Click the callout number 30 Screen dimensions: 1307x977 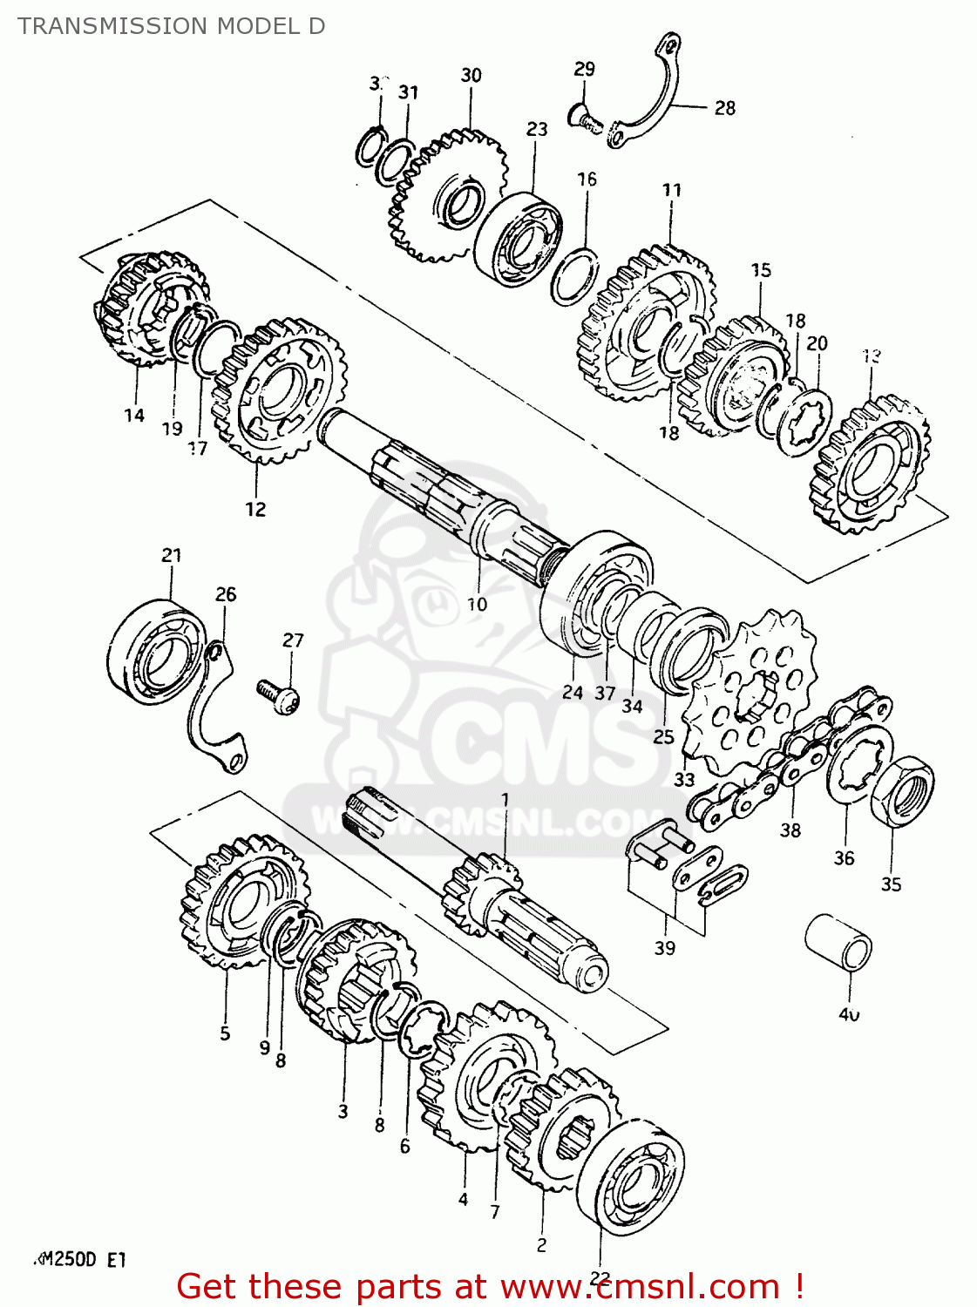(x=471, y=76)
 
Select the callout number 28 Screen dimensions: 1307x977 (x=724, y=108)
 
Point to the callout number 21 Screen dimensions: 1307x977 (x=172, y=555)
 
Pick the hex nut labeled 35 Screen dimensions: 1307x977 (x=903, y=791)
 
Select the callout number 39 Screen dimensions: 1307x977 (x=664, y=948)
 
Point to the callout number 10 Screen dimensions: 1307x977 (x=477, y=604)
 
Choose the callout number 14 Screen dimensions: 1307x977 (x=133, y=416)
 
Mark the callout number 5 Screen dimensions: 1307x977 (x=225, y=1033)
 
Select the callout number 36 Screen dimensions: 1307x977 (x=844, y=858)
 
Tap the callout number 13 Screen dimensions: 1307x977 (x=871, y=356)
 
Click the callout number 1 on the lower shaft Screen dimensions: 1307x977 (x=505, y=799)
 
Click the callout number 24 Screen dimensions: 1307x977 (x=573, y=693)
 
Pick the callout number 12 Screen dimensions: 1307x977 (x=254, y=509)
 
